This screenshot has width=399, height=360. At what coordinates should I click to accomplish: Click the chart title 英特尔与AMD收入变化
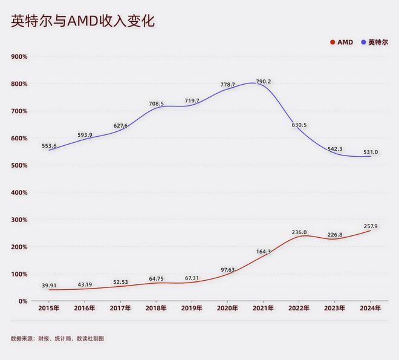tap(83, 21)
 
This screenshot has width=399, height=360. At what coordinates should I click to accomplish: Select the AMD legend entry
tap(341, 42)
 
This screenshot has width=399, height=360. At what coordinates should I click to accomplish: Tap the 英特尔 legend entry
tap(375, 42)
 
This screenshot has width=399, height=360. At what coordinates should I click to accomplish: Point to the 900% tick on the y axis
tap(19, 56)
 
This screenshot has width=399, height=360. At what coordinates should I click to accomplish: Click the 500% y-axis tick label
tap(19, 165)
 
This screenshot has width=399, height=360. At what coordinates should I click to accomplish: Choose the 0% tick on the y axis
tap(22, 301)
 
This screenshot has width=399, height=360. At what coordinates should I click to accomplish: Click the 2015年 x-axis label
tap(49, 308)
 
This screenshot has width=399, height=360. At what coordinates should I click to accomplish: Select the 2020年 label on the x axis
tap(227, 308)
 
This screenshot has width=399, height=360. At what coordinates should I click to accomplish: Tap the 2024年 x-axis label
tap(370, 308)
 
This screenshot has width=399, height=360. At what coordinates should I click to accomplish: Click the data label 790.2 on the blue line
tap(264, 82)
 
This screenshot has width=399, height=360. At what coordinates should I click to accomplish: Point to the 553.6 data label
tap(50, 146)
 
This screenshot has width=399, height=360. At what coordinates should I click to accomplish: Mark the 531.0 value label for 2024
tap(369, 152)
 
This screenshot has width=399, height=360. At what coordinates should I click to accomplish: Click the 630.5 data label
tap(299, 125)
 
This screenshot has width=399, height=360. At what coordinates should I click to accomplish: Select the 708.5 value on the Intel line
tap(156, 104)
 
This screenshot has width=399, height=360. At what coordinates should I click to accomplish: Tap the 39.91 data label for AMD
tap(50, 286)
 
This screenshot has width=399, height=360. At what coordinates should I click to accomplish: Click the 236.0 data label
tap(299, 232)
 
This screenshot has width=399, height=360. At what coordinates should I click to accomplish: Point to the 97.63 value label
tap(227, 270)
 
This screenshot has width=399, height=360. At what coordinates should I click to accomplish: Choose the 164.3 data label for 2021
tap(264, 252)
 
